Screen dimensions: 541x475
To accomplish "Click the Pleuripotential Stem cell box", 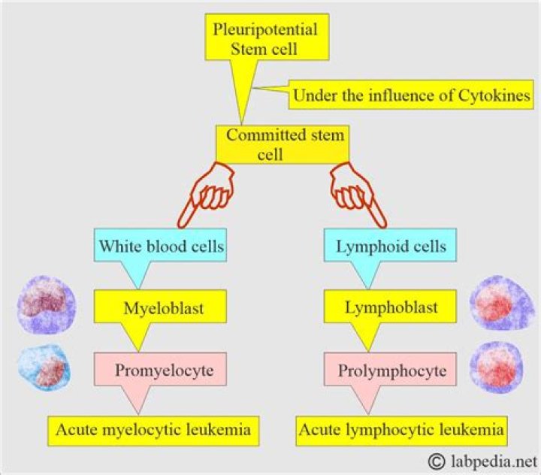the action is click(267, 38).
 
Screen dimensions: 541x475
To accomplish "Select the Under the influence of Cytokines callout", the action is click(410, 95).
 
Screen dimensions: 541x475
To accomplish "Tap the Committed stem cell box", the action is click(283, 144).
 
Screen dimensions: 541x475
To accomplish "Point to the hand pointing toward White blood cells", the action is click(206, 195).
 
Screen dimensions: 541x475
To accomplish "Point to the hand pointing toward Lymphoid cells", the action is click(358, 195).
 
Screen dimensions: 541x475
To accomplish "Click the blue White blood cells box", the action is click(161, 245).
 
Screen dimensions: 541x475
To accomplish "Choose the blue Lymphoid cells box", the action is click(390, 245).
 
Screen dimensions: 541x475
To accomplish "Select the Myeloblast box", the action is click(161, 307).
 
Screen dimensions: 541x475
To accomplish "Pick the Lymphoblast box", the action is click(390, 307).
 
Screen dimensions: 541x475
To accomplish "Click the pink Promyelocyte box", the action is click(161, 369).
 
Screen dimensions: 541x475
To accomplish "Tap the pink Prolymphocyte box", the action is click(390, 369).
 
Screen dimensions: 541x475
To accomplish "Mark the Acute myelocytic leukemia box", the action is click(153, 431).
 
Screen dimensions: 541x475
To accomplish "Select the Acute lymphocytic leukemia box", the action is click(401, 431).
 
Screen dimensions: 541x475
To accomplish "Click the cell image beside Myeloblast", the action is click(47, 305).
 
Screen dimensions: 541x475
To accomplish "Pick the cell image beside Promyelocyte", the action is click(44, 368).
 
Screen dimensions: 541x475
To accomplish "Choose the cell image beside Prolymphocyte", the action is click(497, 368).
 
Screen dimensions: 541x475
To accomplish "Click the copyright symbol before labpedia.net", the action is click(437, 461).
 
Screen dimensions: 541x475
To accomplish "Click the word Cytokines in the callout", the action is click(494, 95).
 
